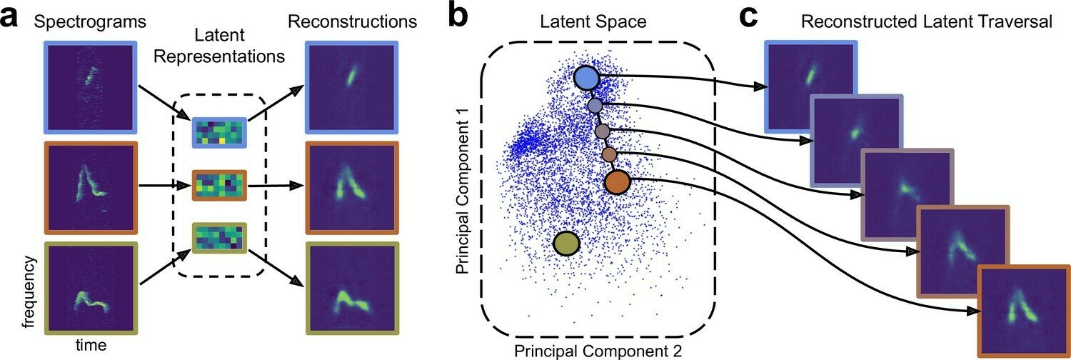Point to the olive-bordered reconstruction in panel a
pyautogui.click(x=349, y=289)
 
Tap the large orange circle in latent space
pyautogui.click(x=618, y=182)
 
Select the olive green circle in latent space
pyautogui.click(x=566, y=244)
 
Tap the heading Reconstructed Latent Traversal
pyautogui.click(x=927, y=21)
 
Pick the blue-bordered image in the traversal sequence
pyautogui.click(x=810, y=86)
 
